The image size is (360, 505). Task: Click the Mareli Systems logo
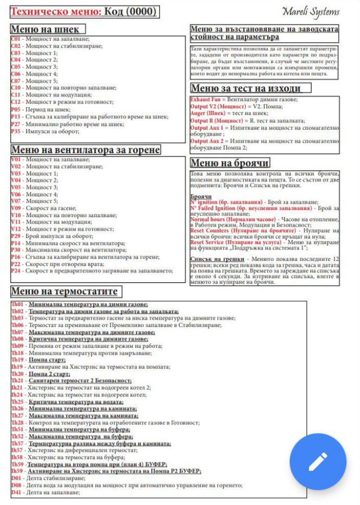click(x=311, y=11)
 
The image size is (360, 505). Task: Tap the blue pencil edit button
click(x=318, y=461)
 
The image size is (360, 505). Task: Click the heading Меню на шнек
click(x=48, y=29)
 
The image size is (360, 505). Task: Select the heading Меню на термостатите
click(x=64, y=292)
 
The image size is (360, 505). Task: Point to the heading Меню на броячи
click(x=230, y=163)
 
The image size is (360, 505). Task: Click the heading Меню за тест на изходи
click(x=245, y=88)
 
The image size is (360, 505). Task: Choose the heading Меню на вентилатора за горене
click(x=85, y=150)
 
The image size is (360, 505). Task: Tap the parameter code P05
click(x=16, y=110)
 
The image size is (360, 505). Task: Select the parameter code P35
click(x=16, y=131)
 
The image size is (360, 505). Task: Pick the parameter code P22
click(x=16, y=264)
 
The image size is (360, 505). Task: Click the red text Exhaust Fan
click(x=205, y=99)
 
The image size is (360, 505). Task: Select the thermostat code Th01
click(x=17, y=305)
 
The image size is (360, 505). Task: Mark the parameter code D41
click(x=16, y=492)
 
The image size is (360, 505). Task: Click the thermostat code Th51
click(x=17, y=430)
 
